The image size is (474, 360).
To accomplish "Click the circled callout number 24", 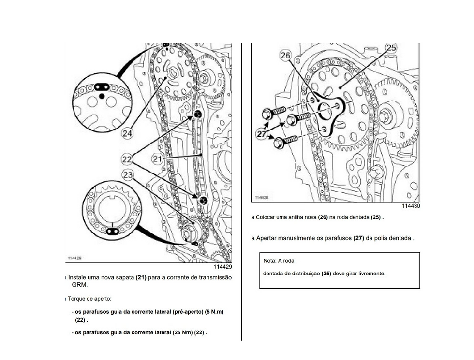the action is click(127, 133).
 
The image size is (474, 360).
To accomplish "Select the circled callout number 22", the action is click(127, 159).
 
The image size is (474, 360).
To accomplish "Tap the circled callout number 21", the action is click(157, 159).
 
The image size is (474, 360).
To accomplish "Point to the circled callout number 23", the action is click(128, 175).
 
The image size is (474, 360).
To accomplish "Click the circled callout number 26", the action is click(285, 55).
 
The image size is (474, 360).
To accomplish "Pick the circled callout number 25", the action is click(391, 48).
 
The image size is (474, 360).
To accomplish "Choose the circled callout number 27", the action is click(262, 134).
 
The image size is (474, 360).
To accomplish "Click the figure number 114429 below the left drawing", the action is click(222, 267).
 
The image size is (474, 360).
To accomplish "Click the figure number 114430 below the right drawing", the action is click(411, 206).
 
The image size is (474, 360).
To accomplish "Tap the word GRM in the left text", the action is click(79, 285).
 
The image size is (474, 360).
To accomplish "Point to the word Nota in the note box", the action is click(270, 261).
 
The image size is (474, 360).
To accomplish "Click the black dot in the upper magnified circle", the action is click(102, 96).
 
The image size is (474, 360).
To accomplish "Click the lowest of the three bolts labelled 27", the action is click(285, 141).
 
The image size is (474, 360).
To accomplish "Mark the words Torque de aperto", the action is click(89, 299).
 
